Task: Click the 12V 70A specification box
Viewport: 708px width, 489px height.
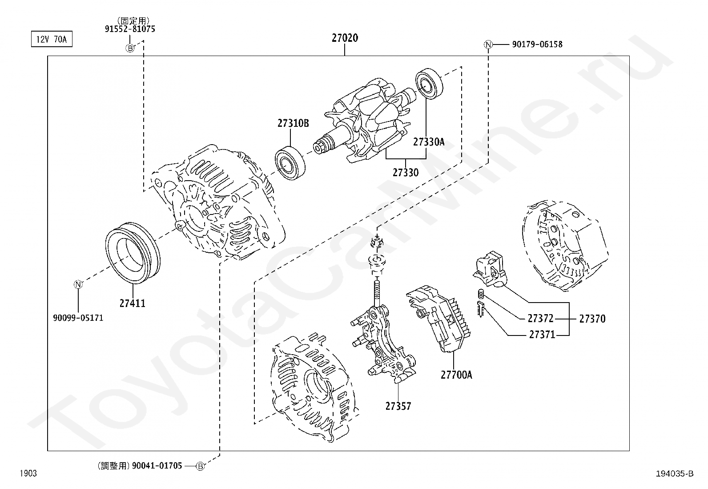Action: point(51,39)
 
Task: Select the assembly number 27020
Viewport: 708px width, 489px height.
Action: point(345,38)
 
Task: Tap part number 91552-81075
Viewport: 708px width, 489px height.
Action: point(130,29)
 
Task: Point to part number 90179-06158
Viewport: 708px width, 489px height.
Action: point(537,44)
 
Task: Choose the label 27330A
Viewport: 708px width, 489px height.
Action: point(428,142)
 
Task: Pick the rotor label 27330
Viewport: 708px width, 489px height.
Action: point(405,172)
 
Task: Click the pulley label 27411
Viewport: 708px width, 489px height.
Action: point(132,303)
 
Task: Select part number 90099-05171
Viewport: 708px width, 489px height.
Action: point(78,318)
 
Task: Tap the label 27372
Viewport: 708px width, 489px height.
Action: point(540,319)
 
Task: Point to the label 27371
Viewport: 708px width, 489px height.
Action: point(542,334)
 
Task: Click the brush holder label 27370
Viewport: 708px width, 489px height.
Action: point(592,319)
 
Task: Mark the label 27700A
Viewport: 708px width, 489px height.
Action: point(456,375)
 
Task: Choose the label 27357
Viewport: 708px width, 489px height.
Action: point(398,406)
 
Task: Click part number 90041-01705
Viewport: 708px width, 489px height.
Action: point(157,466)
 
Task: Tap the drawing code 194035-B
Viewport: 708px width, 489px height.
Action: point(674,473)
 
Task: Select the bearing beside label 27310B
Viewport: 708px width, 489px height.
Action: point(290,163)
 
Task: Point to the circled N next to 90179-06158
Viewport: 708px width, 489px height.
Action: point(488,44)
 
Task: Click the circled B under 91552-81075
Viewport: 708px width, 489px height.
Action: point(130,48)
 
